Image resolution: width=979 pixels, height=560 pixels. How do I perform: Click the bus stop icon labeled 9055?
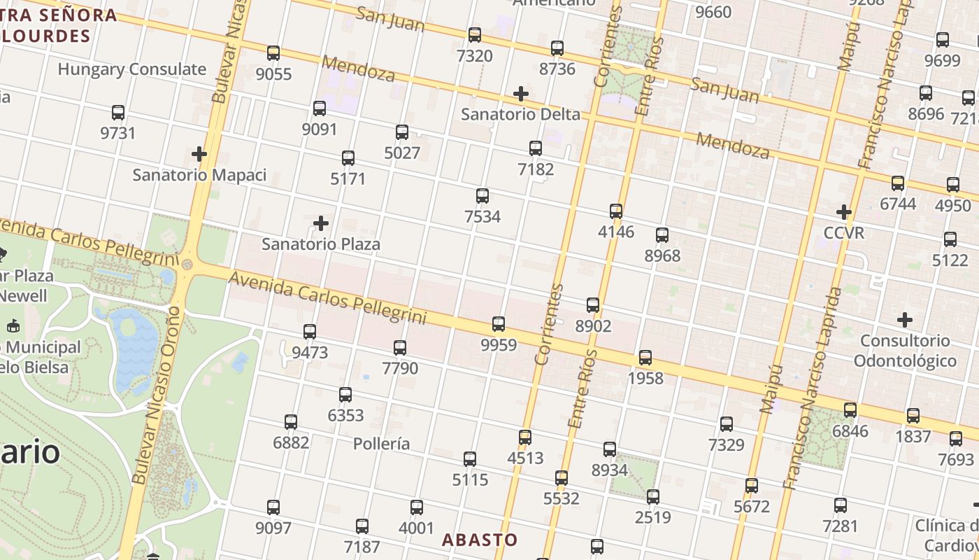(x=273, y=53)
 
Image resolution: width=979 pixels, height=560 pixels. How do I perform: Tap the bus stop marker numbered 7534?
(x=483, y=196)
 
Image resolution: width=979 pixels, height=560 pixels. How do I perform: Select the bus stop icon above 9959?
(x=499, y=324)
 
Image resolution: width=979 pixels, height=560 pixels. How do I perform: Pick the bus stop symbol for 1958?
(x=645, y=358)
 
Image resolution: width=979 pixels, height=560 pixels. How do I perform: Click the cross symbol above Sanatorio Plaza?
(x=321, y=223)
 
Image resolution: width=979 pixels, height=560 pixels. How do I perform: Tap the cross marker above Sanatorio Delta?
(x=521, y=93)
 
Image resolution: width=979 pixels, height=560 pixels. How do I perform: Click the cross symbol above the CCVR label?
(x=844, y=211)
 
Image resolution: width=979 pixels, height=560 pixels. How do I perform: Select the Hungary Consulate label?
(x=132, y=69)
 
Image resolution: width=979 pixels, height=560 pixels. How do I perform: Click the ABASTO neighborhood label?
(x=480, y=540)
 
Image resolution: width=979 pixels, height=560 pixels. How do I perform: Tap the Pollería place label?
(x=381, y=444)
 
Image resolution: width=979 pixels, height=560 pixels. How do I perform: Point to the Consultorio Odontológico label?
(x=905, y=351)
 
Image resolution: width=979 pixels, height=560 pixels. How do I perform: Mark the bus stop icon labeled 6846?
(x=850, y=410)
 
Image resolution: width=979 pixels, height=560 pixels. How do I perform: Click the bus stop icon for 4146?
(x=616, y=211)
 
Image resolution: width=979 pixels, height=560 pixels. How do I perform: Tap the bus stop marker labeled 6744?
(x=898, y=183)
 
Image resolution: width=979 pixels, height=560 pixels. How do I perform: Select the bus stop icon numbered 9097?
(x=273, y=507)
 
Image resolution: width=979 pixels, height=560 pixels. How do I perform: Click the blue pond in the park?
(x=133, y=346)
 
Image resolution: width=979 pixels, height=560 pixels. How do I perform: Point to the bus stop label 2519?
(x=653, y=517)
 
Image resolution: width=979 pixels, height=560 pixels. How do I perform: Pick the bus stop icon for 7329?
(x=727, y=424)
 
